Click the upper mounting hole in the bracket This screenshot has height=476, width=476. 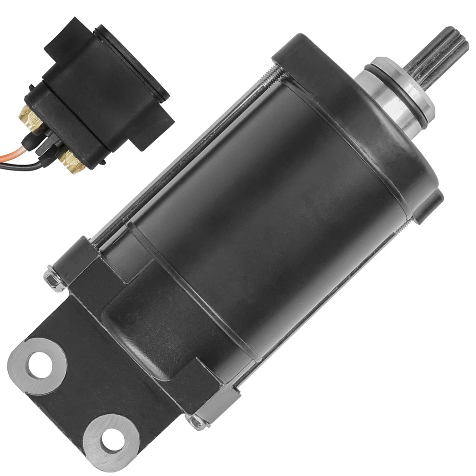click(38, 365)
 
